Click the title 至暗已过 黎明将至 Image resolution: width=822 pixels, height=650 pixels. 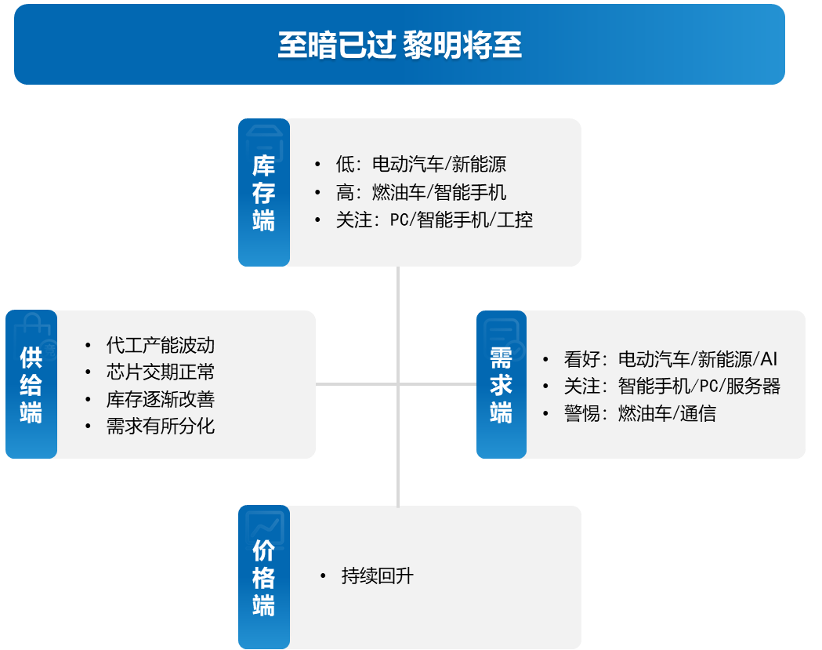point(400,45)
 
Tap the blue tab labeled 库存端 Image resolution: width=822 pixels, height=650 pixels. point(264,193)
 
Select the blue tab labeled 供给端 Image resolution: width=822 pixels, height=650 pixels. point(31,384)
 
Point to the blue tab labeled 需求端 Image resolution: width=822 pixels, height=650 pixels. point(502,384)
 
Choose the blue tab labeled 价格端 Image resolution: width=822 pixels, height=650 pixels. point(264,577)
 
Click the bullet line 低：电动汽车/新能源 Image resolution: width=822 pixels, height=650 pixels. point(421,164)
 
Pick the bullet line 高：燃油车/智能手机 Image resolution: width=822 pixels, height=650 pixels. point(421,192)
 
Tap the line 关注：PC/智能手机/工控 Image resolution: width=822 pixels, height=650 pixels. point(434,220)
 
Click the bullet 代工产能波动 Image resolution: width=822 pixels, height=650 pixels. point(161,345)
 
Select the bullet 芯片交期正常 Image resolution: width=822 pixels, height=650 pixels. point(161,372)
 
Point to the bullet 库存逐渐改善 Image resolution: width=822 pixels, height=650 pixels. point(161,399)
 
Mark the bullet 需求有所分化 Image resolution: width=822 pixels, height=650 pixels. point(161,426)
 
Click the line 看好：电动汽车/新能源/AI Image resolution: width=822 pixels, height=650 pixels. point(671,359)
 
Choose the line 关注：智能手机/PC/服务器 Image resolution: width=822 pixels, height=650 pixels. point(672,386)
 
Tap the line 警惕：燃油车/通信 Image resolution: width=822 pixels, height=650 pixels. point(640,413)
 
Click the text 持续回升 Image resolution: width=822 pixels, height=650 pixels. point(378,576)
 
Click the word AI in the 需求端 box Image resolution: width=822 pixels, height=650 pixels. point(769,359)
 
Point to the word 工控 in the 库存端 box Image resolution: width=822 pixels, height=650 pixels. point(515,220)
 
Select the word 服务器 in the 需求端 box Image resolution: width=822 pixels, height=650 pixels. point(753,386)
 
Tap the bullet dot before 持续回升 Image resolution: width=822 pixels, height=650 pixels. point(323,576)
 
